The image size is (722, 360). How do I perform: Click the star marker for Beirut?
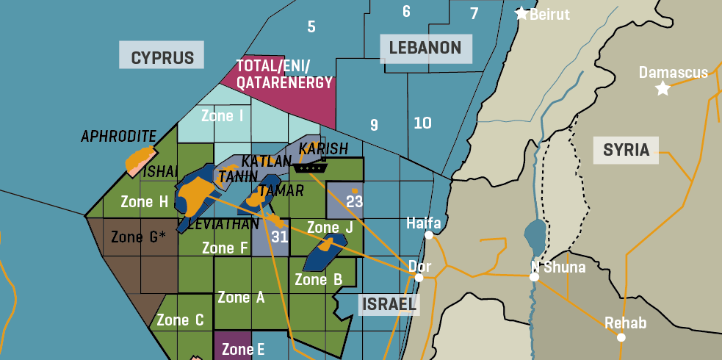521,13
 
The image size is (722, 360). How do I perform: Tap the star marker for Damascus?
663,89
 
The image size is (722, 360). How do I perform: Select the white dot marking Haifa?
428,236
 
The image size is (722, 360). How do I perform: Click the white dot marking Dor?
419,278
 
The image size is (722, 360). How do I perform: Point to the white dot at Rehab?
621,337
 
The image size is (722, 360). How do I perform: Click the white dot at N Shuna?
534,278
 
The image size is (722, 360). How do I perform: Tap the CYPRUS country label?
162,58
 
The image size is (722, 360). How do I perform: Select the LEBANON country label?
425,48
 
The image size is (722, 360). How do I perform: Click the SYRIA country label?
626,150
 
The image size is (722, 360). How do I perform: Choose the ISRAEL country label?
389,304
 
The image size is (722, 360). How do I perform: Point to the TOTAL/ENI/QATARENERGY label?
284,74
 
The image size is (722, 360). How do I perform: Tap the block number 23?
355,201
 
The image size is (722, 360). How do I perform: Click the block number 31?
279,237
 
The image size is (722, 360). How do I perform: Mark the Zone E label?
243,349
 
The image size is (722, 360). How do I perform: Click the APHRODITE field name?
118,136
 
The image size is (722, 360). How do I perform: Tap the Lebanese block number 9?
374,125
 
